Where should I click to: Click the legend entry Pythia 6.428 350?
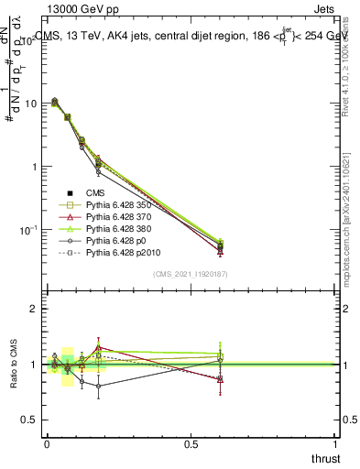(x=115, y=206)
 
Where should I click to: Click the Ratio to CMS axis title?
(x=13, y=364)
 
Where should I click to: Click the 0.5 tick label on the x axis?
(x=191, y=444)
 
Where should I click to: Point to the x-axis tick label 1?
(x=335, y=444)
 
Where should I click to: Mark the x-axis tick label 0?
(x=47, y=444)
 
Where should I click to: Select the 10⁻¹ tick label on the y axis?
(x=27, y=229)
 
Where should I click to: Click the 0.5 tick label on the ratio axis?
(x=27, y=420)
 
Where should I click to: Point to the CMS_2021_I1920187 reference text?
(x=190, y=273)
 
